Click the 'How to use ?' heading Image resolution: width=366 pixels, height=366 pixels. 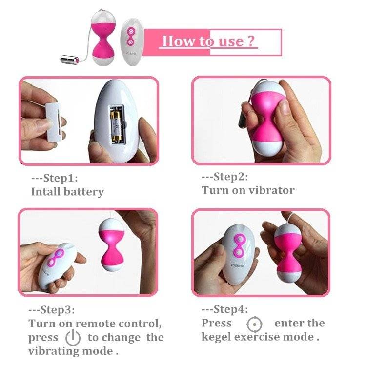point(208,41)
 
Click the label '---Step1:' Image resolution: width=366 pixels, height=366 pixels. point(55,178)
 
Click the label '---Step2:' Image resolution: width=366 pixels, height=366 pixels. point(225,177)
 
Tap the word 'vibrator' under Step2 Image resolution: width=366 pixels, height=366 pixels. point(272,190)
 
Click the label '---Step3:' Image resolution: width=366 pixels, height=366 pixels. point(52,310)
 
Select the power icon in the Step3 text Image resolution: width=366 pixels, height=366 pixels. point(73,338)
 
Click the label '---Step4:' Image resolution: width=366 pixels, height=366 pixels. point(225,309)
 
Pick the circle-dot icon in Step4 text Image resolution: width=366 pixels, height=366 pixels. point(254,324)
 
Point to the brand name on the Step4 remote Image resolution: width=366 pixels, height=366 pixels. point(237,266)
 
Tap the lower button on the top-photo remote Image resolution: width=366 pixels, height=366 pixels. point(130,42)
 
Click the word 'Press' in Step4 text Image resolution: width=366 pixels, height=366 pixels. point(217,323)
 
